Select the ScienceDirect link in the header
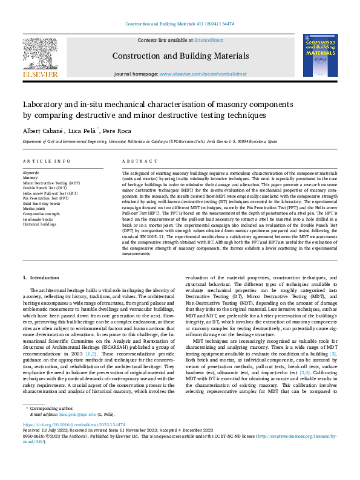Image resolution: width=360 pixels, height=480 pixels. pyautogui.click(x=208, y=40)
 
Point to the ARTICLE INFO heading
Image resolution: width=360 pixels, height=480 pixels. pyautogui.click(x=46, y=162)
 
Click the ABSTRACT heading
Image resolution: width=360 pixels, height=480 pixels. pyautogui.click(x=136, y=162)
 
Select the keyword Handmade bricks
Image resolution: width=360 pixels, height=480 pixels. pyautogui.click(x=38, y=218)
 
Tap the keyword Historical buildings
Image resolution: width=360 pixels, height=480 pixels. pyautogui.click(x=39, y=222)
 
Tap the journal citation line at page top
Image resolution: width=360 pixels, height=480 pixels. pyautogui.click(x=179, y=24)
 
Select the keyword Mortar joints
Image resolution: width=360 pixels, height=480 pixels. pyautogui.click(x=36, y=208)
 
